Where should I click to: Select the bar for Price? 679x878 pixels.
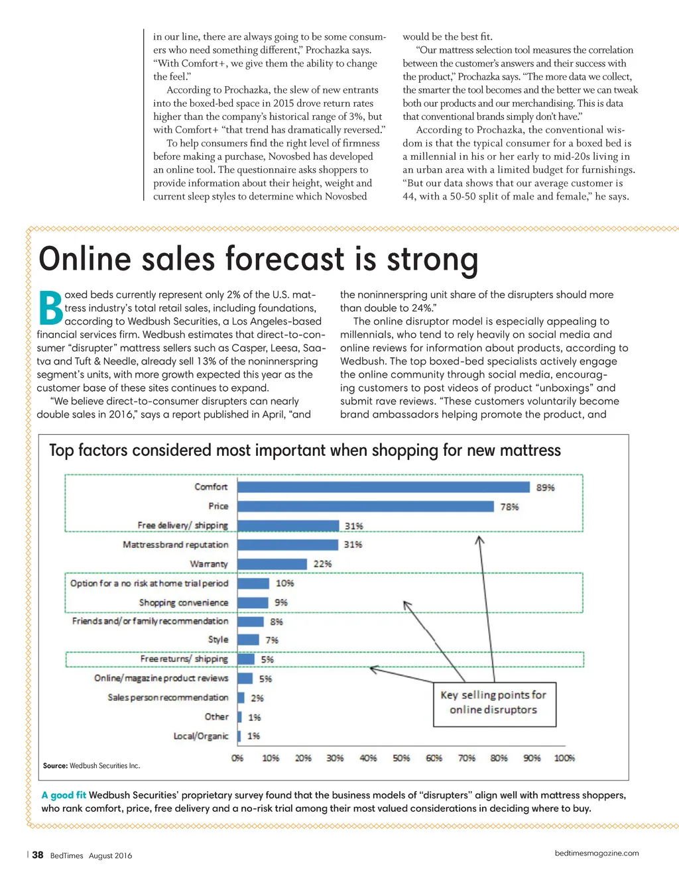pos(365,506)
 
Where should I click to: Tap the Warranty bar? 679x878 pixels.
pos(273,564)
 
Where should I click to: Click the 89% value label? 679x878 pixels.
pos(546,488)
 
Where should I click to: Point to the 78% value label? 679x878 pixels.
pos(509,507)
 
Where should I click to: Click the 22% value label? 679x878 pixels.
pos(322,564)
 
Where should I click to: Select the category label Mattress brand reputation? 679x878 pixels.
pos(175,545)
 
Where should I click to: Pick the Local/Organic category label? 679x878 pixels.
pos(201,736)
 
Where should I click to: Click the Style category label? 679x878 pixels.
pos(218,639)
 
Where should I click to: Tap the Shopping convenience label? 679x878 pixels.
pos(184,602)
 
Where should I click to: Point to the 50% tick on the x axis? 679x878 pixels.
pos(401,758)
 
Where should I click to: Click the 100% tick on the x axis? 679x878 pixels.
pos(564,758)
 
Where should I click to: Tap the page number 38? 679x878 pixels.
pos(38,855)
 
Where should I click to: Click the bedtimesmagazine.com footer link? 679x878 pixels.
pos(597,853)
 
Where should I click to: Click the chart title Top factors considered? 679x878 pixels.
pos(305,451)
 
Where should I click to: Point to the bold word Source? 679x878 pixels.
pos(55,766)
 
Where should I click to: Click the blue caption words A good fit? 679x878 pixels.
pos(64,795)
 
